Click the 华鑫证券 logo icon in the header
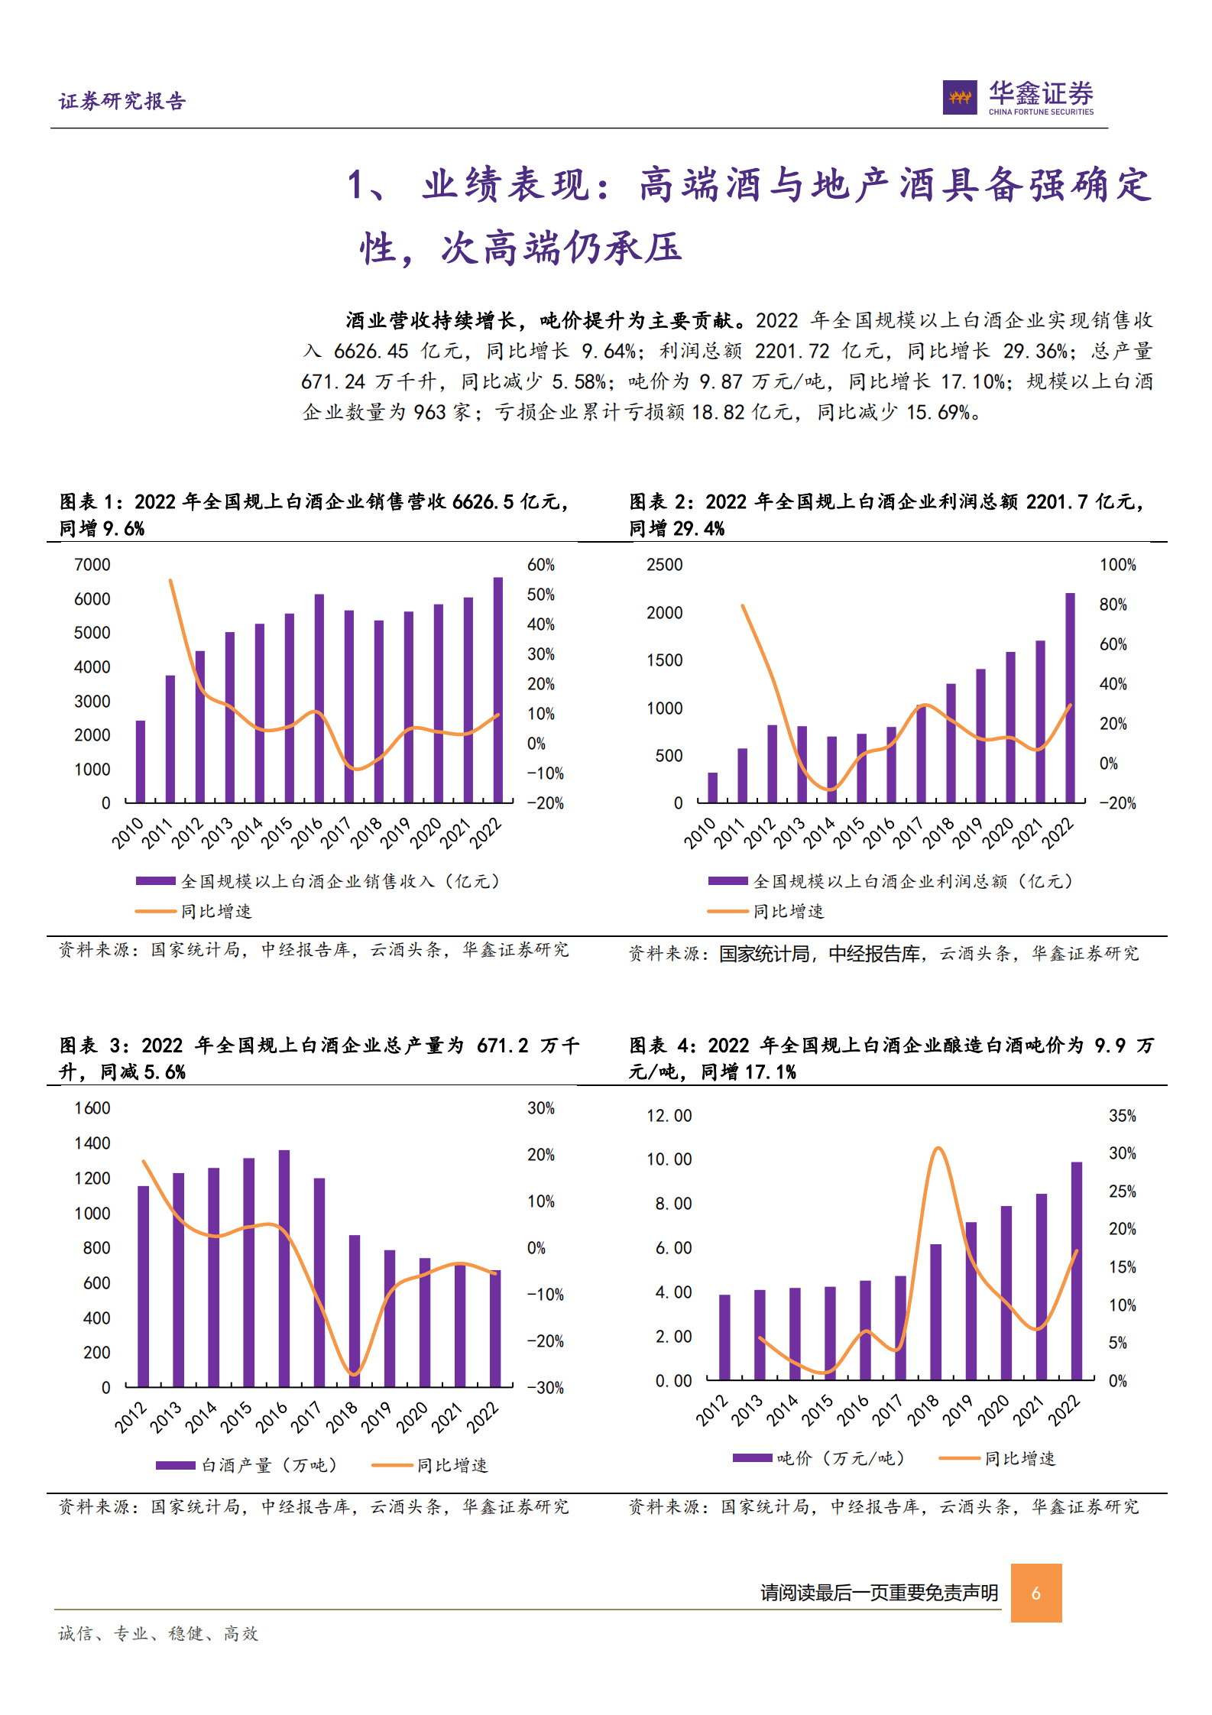click(959, 97)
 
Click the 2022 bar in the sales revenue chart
click(498, 689)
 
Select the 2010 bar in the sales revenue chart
click(141, 761)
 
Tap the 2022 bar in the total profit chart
click(1070, 697)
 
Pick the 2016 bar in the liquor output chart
click(284, 1268)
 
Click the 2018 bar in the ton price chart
click(936, 1311)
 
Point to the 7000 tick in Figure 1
click(92, 565)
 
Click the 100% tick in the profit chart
click(1117, 565)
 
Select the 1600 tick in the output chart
click(92, 1108)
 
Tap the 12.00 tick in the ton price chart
click(669, 1116)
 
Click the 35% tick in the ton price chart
click(1122, 1116)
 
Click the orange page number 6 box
click(1035, 1593)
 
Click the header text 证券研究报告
click(122, 101)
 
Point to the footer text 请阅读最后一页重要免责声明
click(879, 1593)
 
